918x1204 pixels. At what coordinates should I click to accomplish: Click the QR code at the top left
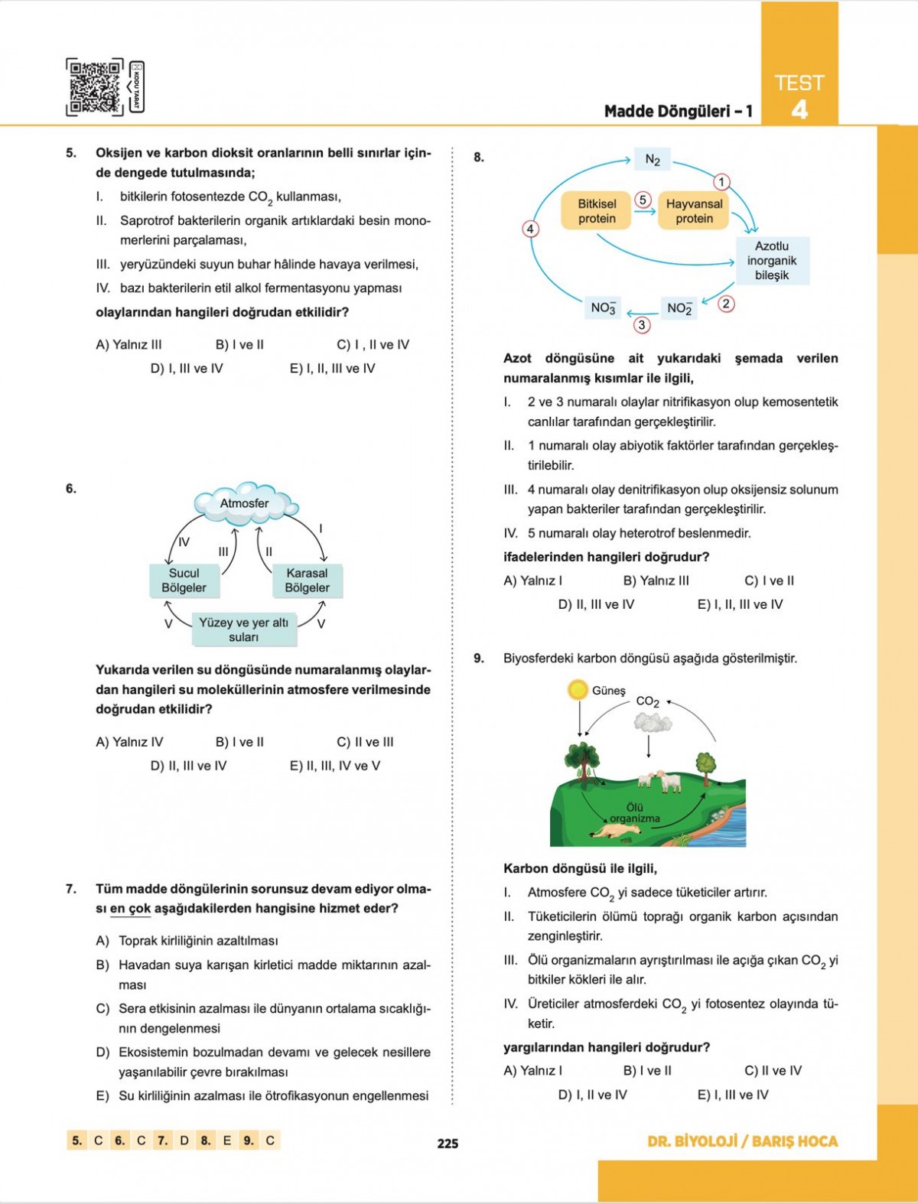pyautogui.click(x=95, y=86)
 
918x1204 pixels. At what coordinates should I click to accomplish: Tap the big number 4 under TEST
pyautogui.click(x=799, y=110)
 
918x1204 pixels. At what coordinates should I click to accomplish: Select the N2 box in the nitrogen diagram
pyautogui.click(x=652, y=159)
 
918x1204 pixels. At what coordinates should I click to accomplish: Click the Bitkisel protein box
pyautogui.click(x=597, y=211)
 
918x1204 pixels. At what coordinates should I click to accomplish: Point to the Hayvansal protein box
pyautogui.click(x=694, y=211)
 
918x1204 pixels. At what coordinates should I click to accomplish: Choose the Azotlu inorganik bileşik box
pyautogui.click(x=771, y=260)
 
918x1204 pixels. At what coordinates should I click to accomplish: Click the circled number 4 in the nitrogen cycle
pyautogui.click(x=529, y=229)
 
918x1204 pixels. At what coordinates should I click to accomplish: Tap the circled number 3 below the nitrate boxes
pyautogui.click(x=642, y=325)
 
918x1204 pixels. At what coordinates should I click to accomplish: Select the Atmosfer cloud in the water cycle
pyautogui.click(x=245, y=503)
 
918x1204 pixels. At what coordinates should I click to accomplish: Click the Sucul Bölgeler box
pyautogui.click(x=184, y=580)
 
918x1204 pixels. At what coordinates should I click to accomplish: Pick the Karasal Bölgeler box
pyautogui.click(x=307, y=580)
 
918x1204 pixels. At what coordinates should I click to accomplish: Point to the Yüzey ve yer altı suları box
pyautogui.click(x=243, y=629)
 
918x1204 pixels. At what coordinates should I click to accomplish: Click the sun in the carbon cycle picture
pyautogui.click(x=578, y=690)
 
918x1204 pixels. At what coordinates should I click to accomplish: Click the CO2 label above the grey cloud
pyautogui.click(x=647, y=701)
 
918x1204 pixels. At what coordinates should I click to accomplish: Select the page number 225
pyautogui.click(x=448, y=1144)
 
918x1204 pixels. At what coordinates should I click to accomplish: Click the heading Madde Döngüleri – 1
pyautogui.click(x=678, y=112)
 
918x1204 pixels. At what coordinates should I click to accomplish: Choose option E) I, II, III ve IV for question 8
pyautogui.click(x=740, y=604)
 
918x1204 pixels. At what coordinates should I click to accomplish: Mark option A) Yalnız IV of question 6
pyautogui.click(x=129, y=742)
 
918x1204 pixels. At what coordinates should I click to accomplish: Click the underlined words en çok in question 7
pyautogui.click(x=130, y=909)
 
